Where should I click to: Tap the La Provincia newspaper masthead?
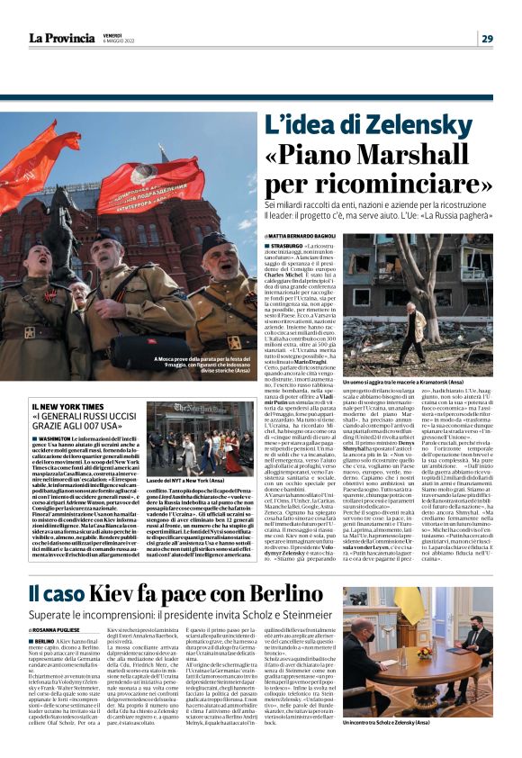pos(60,38)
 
